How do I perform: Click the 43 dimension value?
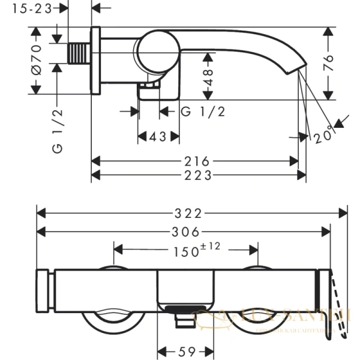[x=158, y=137]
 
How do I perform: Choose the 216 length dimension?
[x=197, y=161]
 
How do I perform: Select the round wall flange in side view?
[x=95, y=60]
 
